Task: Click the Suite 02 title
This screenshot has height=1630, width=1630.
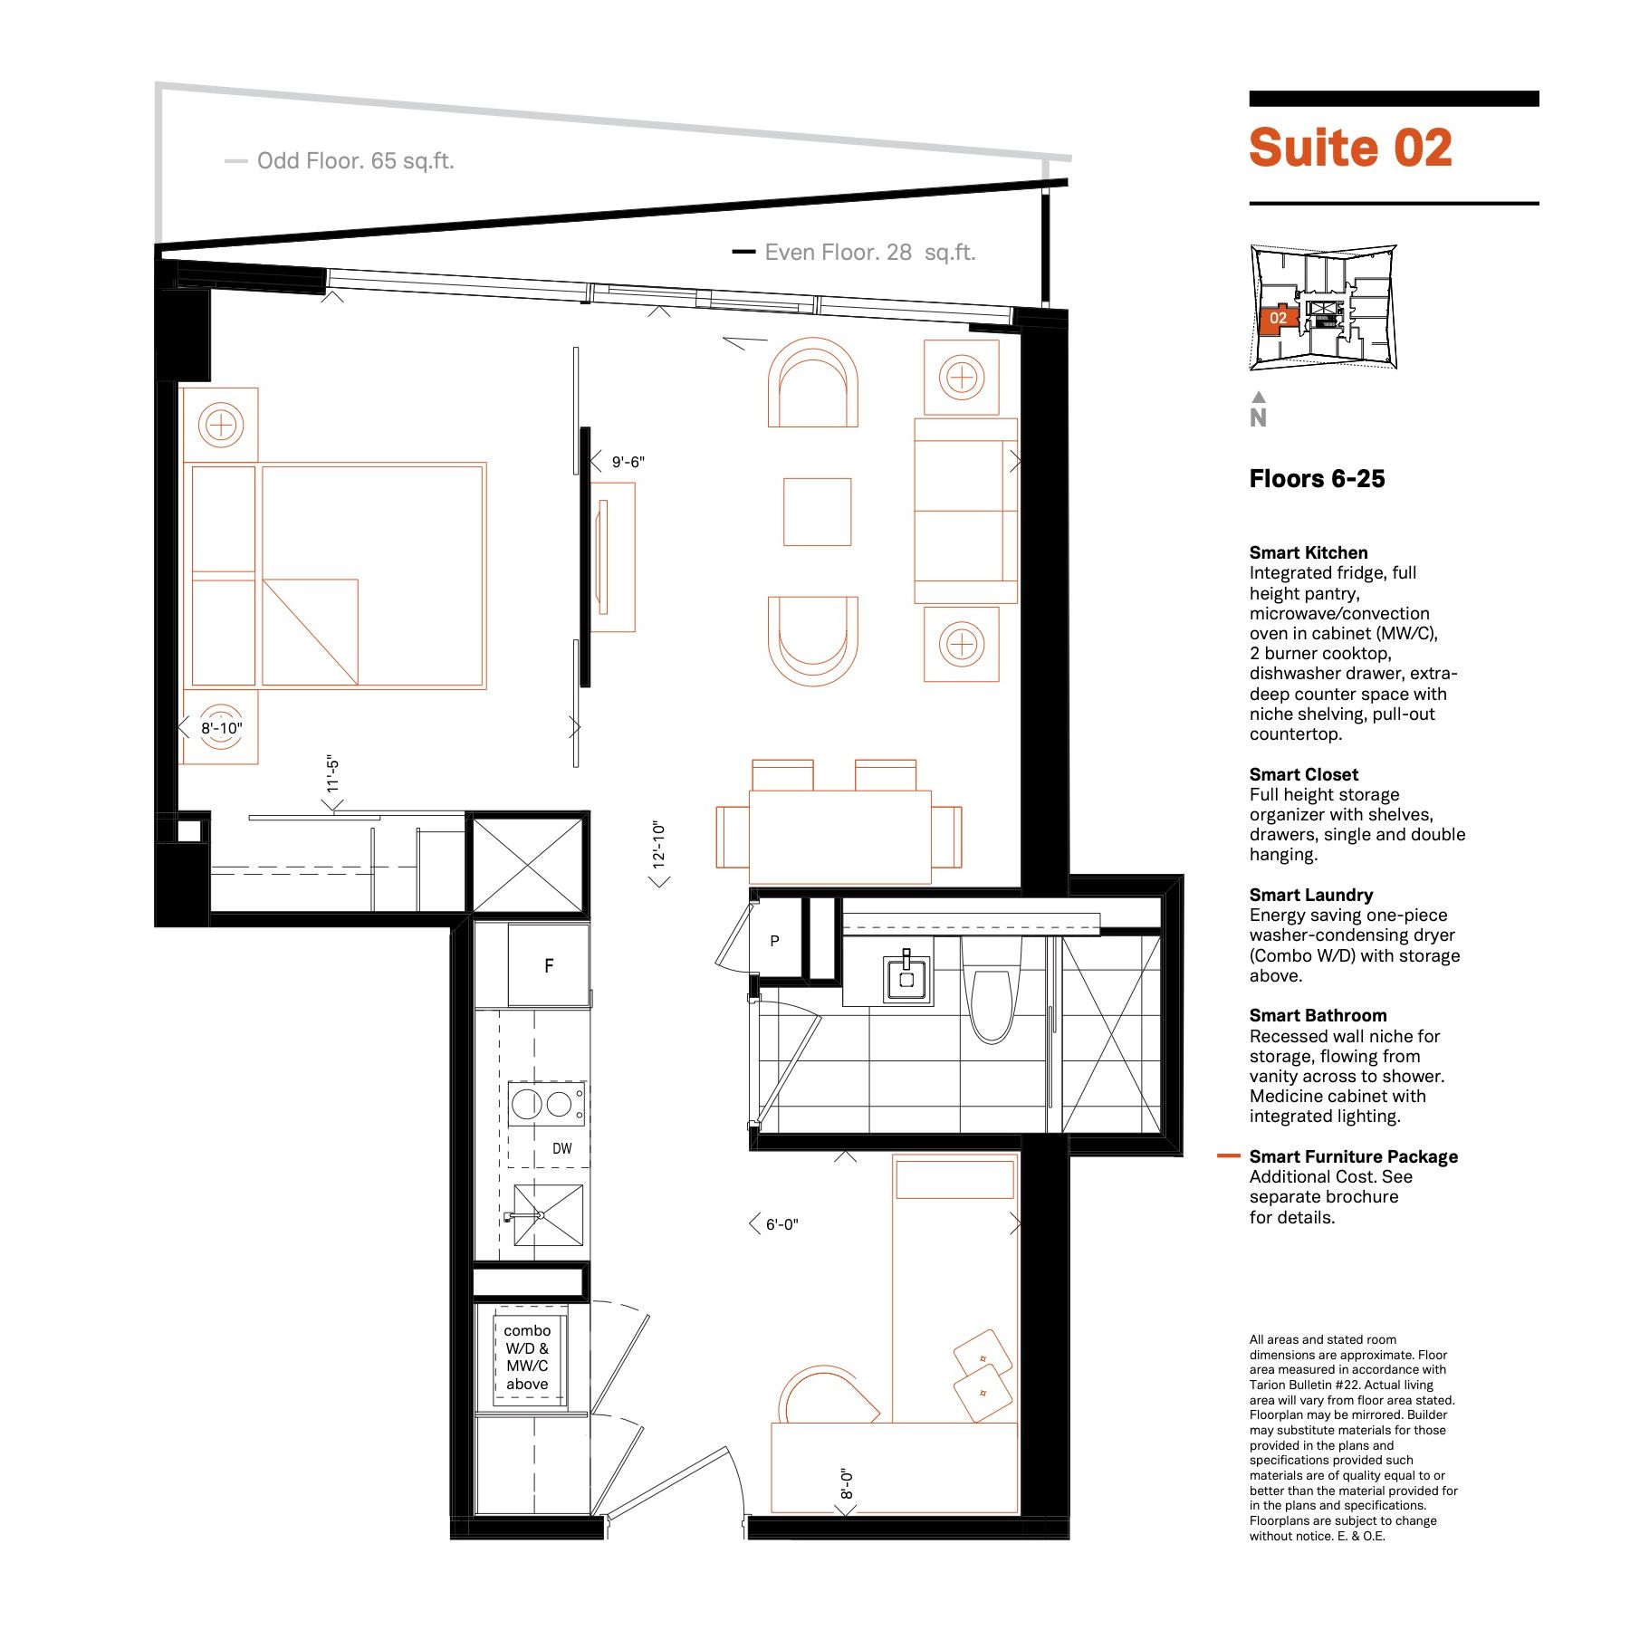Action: (1350, 148)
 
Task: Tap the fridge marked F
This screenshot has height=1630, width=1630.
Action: (548, 964)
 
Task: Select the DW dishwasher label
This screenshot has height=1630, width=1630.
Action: (562, 1148)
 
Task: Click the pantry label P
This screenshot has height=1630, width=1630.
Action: (774, 941)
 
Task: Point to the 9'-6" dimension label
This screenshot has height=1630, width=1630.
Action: (628, 462)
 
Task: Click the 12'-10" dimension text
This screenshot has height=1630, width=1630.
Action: (658, 845)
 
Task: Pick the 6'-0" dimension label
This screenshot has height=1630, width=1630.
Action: (782, 1224)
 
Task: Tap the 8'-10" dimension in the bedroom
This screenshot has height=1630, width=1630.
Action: (222, 728)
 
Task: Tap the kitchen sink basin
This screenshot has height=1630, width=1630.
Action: (548, 1215)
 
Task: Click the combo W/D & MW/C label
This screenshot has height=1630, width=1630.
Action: (527, 1357)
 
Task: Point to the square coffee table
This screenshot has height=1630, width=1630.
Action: (817, 512)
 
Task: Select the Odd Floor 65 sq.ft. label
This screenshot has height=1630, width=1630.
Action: (355, 161)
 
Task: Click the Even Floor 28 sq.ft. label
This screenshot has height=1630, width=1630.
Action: (870, 253)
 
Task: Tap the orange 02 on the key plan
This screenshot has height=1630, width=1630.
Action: (1278, 318)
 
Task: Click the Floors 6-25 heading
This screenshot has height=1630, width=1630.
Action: (1317, 479)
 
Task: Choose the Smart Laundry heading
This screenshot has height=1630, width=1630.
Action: (1310, 895)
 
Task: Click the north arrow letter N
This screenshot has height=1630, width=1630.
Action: (1258, 417)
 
